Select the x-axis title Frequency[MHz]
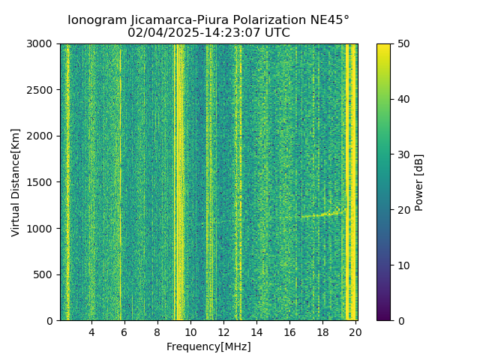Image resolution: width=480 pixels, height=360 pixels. [208, 346]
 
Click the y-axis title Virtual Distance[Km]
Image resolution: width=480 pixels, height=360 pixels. [16, 182]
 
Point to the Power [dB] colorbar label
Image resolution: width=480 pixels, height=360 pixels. [419, 182]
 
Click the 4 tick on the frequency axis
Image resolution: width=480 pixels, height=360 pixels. [91, 331]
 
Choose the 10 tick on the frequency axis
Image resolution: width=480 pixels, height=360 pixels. [190, 331]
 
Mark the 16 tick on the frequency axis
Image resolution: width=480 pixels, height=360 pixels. [289, 331]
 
